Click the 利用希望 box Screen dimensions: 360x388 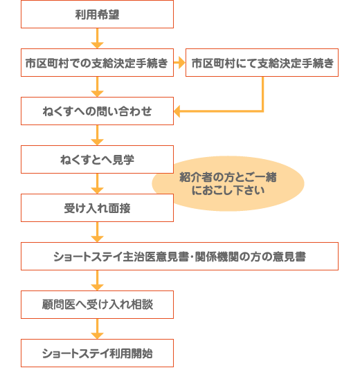97,14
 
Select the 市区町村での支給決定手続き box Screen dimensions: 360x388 97,63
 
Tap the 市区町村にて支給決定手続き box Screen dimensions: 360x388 262,63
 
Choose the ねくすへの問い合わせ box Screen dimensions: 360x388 97,111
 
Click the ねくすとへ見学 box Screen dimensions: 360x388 97,159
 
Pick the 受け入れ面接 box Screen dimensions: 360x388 97,208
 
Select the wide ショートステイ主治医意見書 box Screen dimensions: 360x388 179,256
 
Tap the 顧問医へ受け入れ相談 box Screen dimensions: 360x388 97,304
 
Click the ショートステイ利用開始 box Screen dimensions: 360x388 97,353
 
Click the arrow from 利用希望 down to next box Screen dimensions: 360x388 97,38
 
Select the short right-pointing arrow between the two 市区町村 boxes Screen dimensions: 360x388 179,63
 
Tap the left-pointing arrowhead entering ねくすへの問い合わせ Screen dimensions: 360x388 177,111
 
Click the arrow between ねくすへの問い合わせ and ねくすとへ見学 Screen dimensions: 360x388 97,135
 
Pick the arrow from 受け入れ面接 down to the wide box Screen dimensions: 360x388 97,232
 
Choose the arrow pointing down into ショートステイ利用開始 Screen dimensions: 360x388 97,329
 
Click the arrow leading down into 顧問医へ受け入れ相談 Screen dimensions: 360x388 97,280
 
